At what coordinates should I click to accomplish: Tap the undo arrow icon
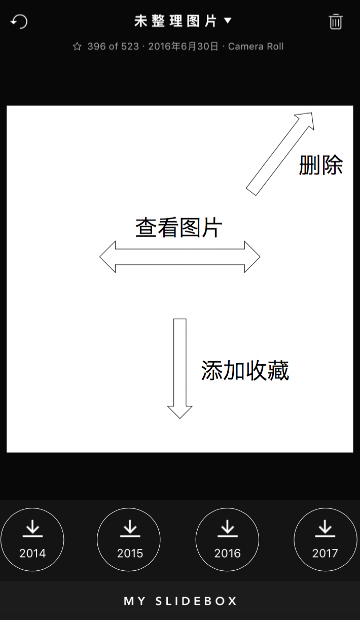pos(19,21)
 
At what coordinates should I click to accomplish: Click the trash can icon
pos(336,21)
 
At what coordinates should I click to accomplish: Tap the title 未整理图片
pos(175,21)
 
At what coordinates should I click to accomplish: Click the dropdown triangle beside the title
pos(228,21)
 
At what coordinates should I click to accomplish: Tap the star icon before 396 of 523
pos(77,47)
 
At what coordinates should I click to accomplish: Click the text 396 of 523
pos(113,47)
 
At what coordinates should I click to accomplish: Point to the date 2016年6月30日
pos(184,47)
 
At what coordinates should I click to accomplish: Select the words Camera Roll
pos(256,47)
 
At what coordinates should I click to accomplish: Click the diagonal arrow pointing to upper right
pos(280,154)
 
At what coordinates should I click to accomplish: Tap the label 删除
pos(320,165)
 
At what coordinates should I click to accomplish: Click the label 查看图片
pos(178,228)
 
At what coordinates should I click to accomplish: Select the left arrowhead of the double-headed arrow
pos(108,257)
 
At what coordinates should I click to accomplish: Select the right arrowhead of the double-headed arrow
pos(252,257)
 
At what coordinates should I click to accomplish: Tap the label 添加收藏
pos(245,371)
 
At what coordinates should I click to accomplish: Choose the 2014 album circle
pos(32,539)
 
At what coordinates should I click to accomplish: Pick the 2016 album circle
pos(227,539)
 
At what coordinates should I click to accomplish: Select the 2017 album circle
pos(325,539)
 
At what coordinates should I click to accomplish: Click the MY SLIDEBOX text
pos(180,601)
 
